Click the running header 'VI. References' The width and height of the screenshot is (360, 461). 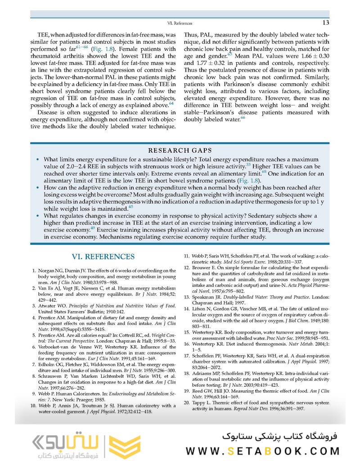pyautogui.click(x=180, y=23)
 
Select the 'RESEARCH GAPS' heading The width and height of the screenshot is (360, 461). pyautogui.click(x=180, y=150)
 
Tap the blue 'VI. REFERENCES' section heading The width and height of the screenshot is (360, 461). pyautogui.click(x=103, y=257)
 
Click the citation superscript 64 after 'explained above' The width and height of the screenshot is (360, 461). pyautogui.click(x=171, y=104)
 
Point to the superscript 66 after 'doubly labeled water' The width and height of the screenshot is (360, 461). pyautogui.click(x=243, y=118)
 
